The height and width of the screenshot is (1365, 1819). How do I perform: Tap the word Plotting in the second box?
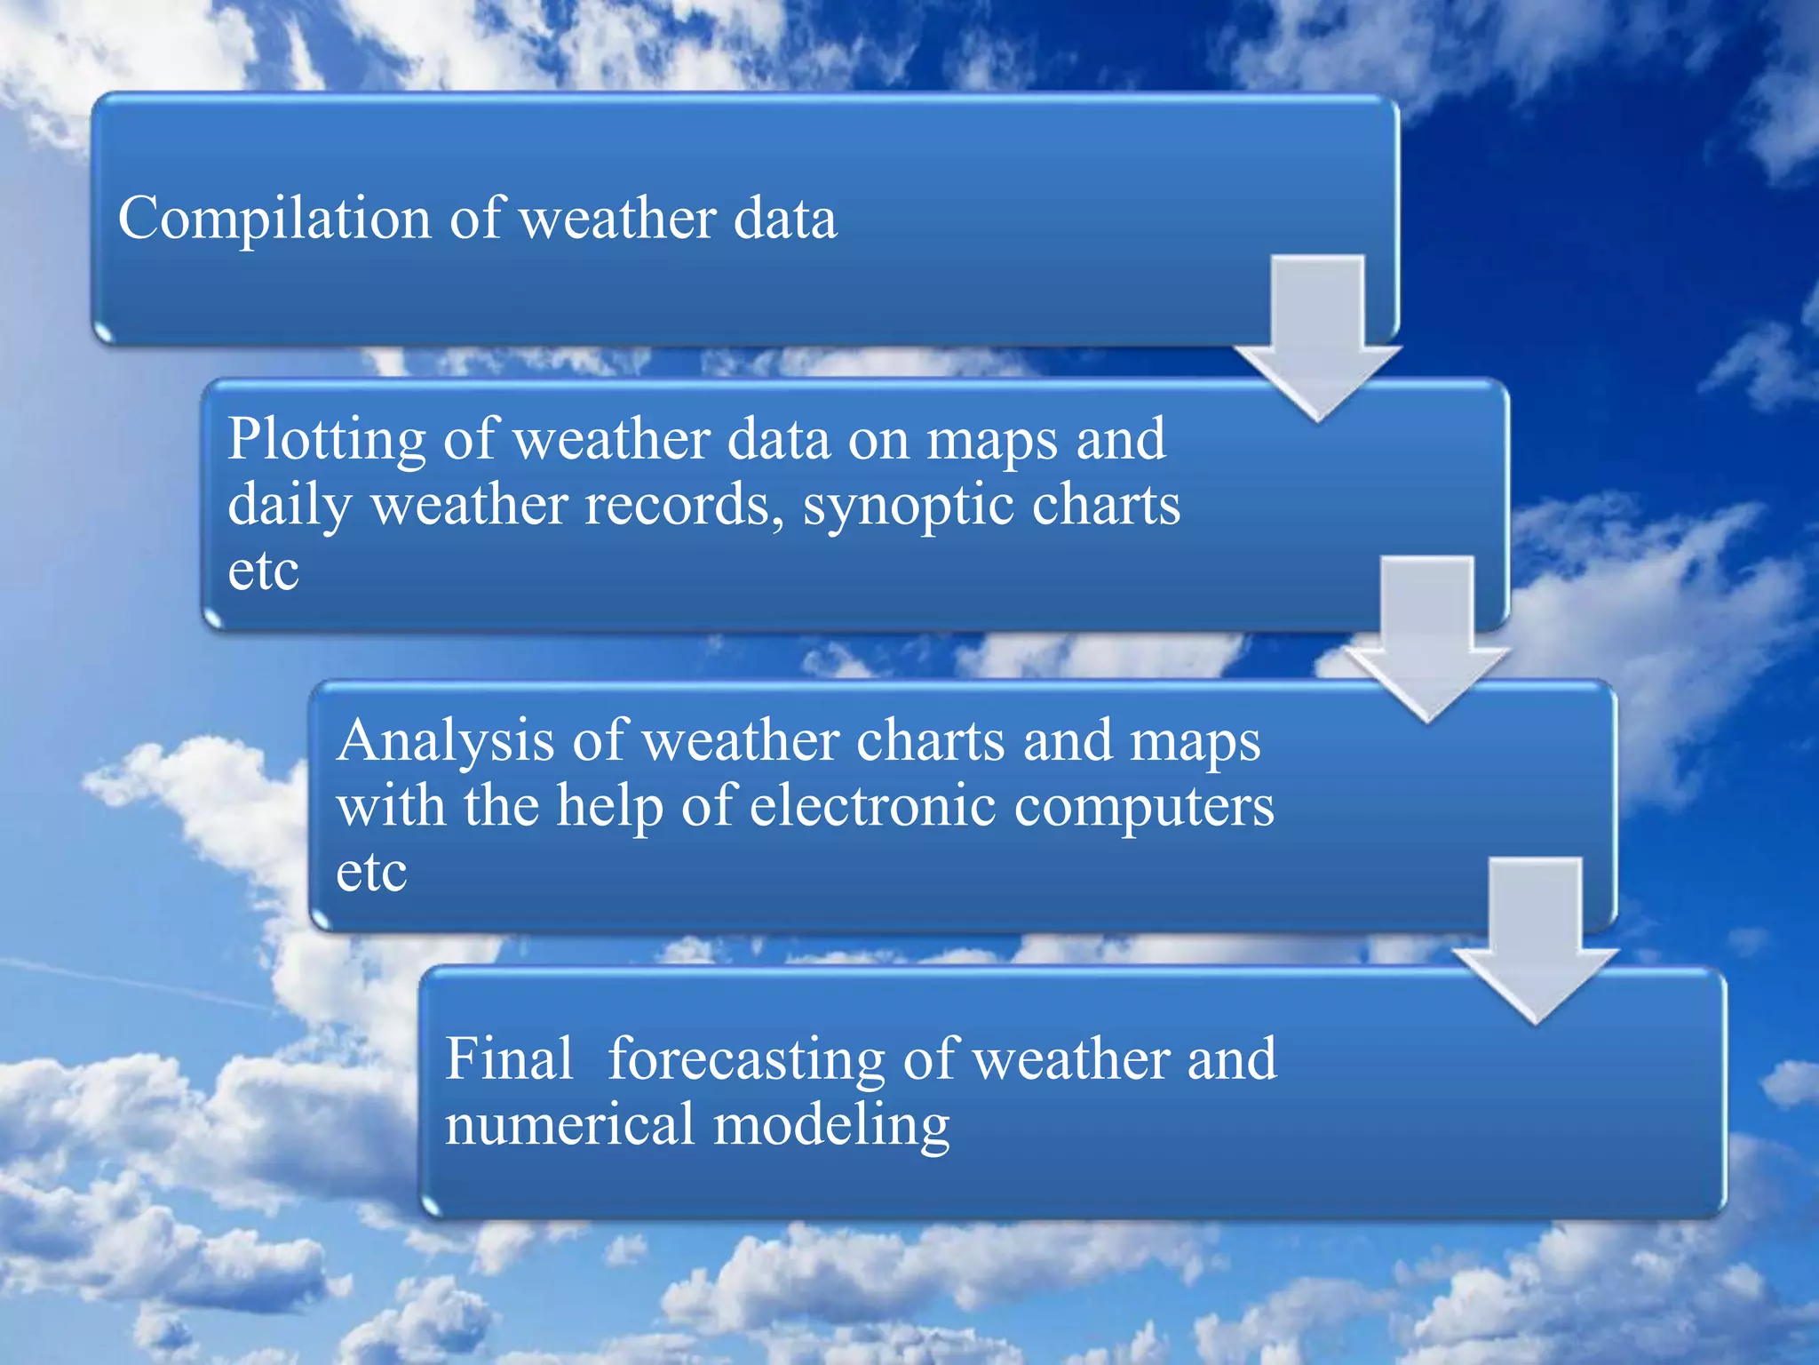tap(327, 440)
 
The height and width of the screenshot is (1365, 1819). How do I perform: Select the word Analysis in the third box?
tap(445, 740)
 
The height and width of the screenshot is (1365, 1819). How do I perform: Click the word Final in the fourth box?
tap(509, 1058)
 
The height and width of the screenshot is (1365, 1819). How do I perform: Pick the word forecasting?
tap(746, 1060)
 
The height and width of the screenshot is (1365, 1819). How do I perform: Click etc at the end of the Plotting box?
tap(263, 571)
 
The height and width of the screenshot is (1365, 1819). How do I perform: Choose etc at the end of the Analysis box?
tap(371, 873)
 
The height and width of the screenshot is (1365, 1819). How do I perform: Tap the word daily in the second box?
tap(290, 507)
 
